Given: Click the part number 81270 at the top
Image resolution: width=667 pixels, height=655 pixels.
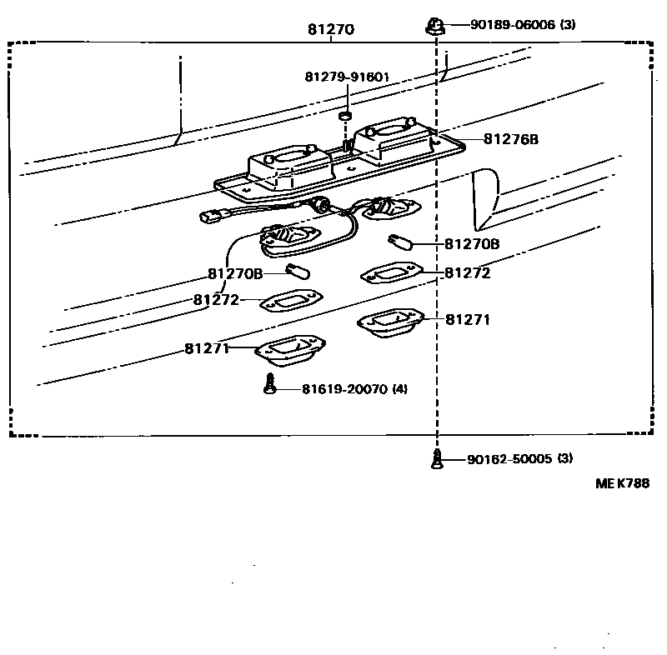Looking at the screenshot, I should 331,30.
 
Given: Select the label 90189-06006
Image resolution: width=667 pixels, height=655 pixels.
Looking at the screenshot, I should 512,25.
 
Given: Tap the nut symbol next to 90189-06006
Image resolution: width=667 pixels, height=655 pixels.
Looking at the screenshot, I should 434,25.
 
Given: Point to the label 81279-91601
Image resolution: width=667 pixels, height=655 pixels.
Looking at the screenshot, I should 347,77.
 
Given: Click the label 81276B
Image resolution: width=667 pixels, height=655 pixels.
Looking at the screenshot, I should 510,139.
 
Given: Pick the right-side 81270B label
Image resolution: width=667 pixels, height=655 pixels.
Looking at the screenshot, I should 472,244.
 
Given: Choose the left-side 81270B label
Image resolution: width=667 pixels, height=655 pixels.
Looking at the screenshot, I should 235,273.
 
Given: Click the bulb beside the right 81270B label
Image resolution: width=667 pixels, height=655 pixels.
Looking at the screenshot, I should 399,244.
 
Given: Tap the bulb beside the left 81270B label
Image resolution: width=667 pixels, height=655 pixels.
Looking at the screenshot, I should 298,271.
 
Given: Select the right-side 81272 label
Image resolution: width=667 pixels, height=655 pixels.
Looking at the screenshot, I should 467,272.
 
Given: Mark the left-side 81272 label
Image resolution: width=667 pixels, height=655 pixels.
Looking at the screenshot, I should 216,300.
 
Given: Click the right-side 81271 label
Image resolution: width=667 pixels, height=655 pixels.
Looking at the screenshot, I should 467,319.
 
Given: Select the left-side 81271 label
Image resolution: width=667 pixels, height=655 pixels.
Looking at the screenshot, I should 207,348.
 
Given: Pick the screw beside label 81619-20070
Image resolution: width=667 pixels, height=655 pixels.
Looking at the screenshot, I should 268,386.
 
